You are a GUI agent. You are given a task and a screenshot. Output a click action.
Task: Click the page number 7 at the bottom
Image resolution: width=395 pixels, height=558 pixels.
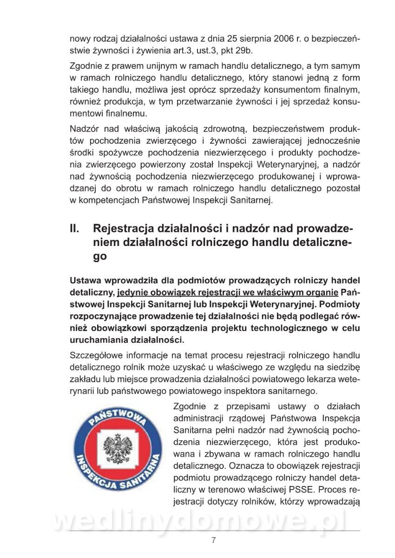point(213,540)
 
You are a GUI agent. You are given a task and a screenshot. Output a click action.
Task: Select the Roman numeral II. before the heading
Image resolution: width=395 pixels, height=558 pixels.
point(75,229)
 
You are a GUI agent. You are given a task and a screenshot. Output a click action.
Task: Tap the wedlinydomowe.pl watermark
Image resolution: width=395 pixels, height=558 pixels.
point(200,522)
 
